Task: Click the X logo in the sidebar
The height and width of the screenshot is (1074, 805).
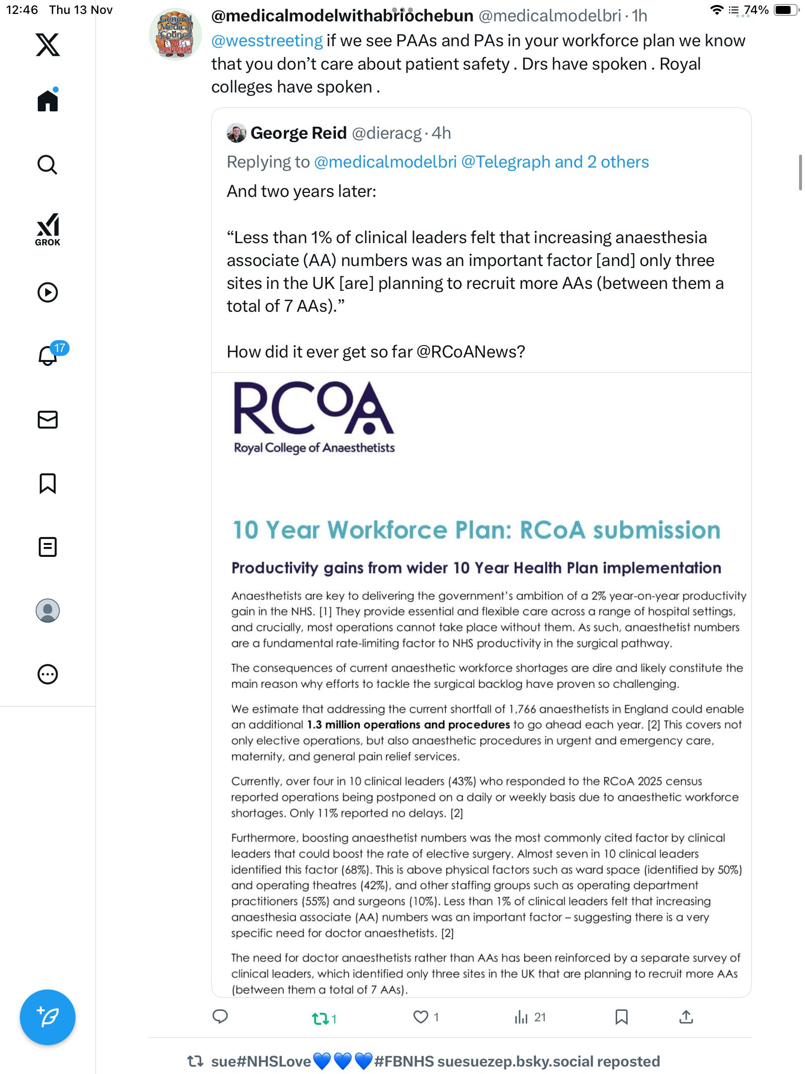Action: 48,45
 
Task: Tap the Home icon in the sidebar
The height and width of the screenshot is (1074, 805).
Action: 48,101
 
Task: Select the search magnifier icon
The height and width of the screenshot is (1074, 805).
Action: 48,165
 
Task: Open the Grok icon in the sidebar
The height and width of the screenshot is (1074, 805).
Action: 48,229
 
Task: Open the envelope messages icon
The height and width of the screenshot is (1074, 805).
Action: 48,420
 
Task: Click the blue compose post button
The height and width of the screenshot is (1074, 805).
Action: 48,1017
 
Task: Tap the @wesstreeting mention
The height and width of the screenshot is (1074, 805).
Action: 267,41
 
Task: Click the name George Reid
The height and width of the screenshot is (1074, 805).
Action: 298,133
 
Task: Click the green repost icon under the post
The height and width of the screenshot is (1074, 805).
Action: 321,1018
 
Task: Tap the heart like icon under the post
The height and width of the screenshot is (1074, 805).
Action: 420,1017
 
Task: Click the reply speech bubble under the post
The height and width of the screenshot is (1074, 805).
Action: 220,1017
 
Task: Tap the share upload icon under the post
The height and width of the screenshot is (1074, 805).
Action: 686,1017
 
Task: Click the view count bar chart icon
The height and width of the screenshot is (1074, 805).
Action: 521,1017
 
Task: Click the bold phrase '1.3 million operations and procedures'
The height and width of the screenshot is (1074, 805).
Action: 408,725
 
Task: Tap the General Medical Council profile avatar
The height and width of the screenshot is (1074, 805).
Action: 175,34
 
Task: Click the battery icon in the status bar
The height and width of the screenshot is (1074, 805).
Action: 785,10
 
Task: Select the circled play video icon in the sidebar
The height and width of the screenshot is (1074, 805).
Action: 48,292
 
